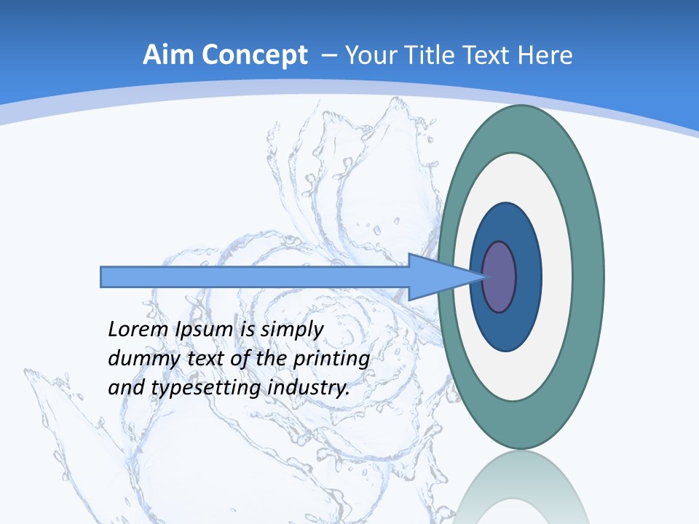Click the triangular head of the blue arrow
(x=437, y=277)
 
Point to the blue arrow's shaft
(x=255, y=277)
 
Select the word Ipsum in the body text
(x=203, y=330)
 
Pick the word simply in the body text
(x=291, y=330)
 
